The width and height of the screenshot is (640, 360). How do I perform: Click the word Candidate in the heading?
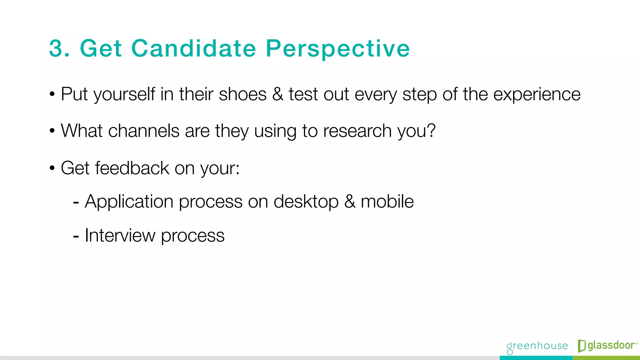[x=193, y=48]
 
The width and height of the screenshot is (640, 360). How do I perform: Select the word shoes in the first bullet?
[x=242, y=94]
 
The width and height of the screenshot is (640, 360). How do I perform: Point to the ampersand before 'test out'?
[x=277, y=94]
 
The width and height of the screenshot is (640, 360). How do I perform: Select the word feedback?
[x=132, y=168]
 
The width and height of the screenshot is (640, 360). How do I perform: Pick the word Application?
[x=129, y=202]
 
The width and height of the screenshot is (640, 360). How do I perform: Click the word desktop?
[x=306, y=202]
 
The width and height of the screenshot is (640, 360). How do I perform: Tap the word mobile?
[x=387, y=201]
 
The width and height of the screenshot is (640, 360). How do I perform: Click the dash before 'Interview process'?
[x=76, y=237]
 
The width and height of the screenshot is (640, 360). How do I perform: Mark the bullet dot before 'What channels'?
[x=52, y=131]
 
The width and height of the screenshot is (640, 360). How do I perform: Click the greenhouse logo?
[x=537, y=346]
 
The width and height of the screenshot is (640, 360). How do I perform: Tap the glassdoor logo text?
[x=611, y=345]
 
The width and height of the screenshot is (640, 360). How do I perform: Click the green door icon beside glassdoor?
[x=582, y=346]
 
